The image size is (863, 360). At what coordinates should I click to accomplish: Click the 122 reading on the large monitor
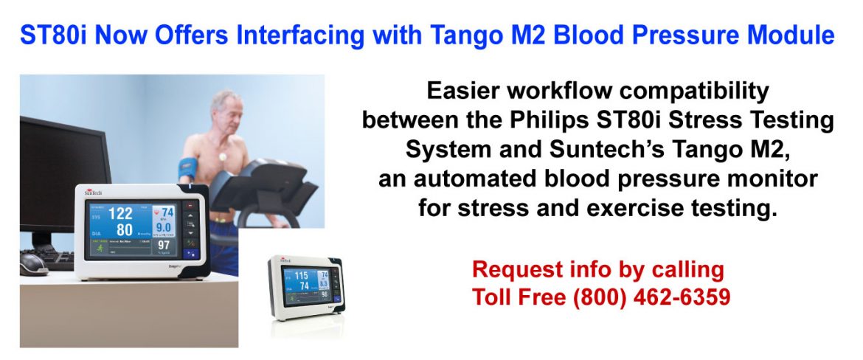point(120,214)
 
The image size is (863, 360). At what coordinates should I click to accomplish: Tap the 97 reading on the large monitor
point(164,244)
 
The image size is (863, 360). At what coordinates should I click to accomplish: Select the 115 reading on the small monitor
point(301,276)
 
